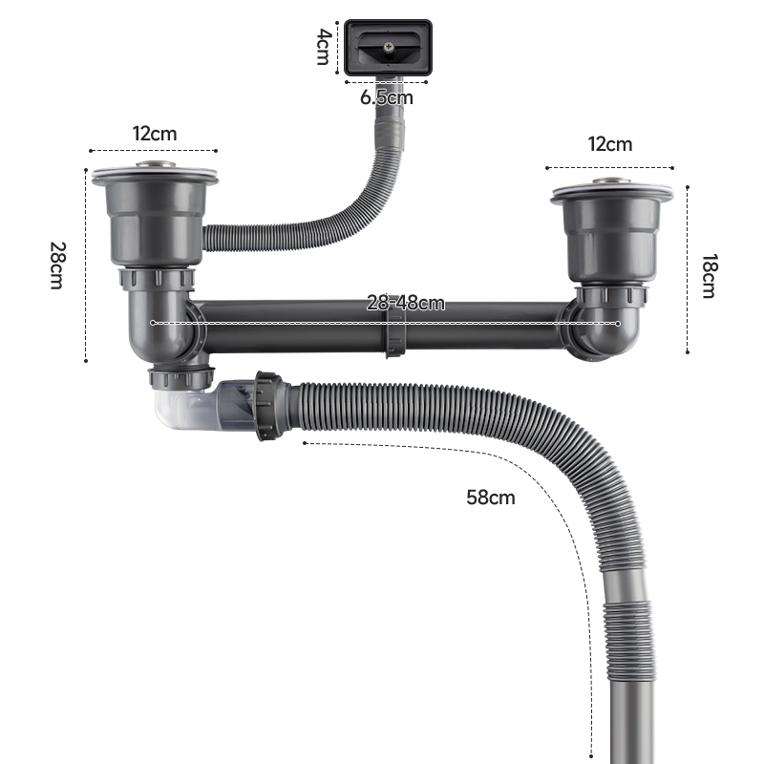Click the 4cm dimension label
(x=324, y=47)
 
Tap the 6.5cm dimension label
(x=387, y=97)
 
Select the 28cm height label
(x=57, y=265)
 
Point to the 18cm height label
(x=709, y=276)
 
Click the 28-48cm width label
(x=405, y=303)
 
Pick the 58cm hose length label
(x=491, y=498)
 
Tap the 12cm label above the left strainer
(x=155, y=134)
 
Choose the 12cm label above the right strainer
(x=610, y=144)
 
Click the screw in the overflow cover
(x=389, y=47)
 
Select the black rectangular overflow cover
(x=388, y=48)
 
